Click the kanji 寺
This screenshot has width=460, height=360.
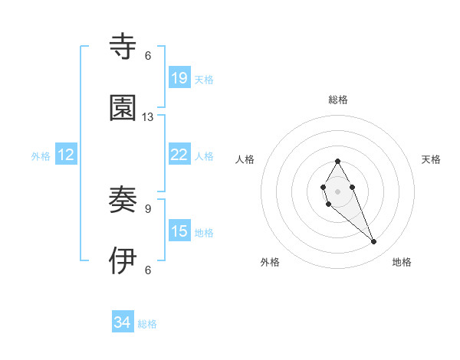tap(123, 47)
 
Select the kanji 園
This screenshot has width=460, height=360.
tap(123, 108)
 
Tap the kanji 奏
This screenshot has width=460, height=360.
tap(123, 201)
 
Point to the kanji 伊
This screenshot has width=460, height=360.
tap(123, 261)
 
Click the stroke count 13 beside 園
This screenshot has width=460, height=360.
tap(148, 117)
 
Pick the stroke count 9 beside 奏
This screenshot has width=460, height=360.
tap(148, 208)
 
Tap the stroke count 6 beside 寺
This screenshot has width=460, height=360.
tap(148, 56)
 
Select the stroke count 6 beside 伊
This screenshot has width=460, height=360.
tap(148, 270)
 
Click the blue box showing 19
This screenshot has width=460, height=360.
tap(179, 78)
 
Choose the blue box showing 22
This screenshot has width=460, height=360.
tap(179, 155)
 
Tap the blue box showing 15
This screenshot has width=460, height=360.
tap(179, 231)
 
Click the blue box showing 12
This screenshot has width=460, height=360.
tap(66, 155)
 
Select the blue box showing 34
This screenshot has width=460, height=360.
tap(123, 322)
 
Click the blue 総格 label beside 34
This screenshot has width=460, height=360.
tap(147, 324)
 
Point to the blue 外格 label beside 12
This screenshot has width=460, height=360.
tap(41, 156)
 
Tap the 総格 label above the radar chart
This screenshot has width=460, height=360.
tap(338, 100)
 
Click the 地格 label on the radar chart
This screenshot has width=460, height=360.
tap(402, 262)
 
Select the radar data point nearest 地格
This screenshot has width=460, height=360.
tap(374, 242)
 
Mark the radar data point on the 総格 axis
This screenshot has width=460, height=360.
tap(337, 162)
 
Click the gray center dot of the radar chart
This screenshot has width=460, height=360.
tap(337, 190)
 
